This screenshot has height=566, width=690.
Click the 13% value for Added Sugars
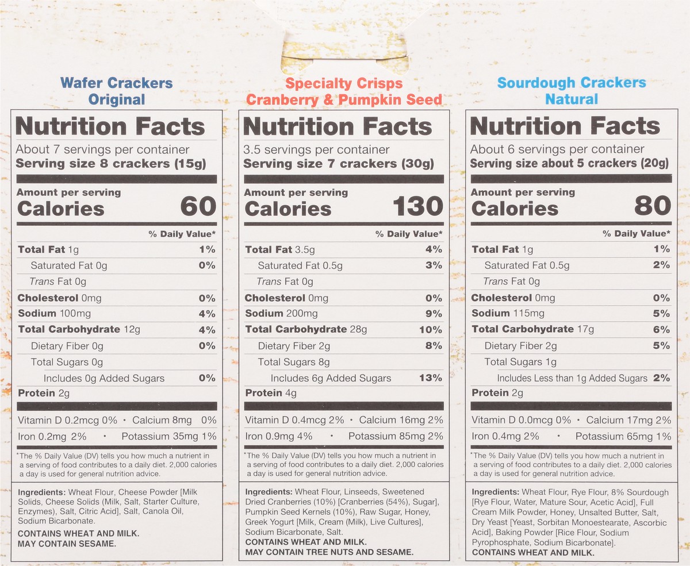(x=431, y=378)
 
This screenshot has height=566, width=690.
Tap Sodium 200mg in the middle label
(x=281, y=314)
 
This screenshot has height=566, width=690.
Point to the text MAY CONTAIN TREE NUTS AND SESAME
(x=329, y=552)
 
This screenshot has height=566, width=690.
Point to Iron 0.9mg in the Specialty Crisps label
(x=269, y=436)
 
